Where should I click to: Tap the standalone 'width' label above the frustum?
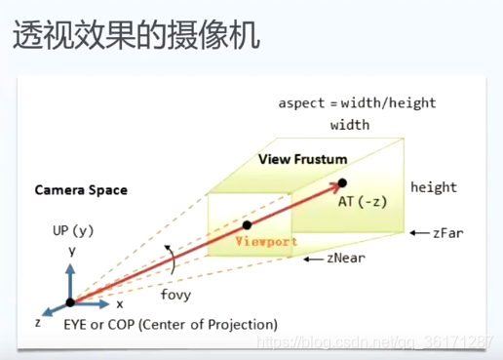pyautogui.click(x=350, y=126)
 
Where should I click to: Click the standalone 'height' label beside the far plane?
pyautogui.click(x=433, y=187)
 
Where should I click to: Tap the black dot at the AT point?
pyautogui.click(x=342, y=182)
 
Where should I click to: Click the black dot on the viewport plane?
pyautogui.click(x=247, y=225)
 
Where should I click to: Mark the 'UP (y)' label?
pyautogui.click(x=73, y=231)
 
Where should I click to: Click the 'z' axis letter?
pyautogui.click(x=37, y=321)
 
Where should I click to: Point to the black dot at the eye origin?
pyautogui.click(x=70, y=302)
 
